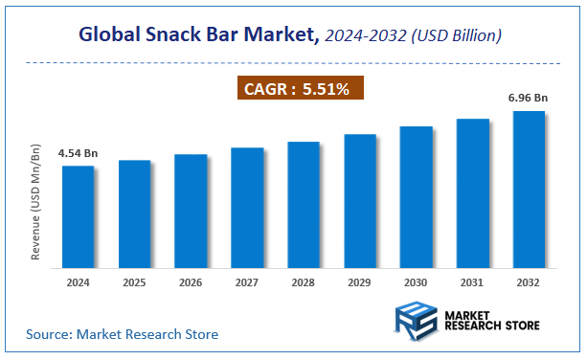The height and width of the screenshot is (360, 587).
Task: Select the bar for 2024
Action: coord(79,215)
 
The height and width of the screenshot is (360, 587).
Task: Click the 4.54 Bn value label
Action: coord(79,153)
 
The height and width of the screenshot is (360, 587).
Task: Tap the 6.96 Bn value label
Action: coord(529,99)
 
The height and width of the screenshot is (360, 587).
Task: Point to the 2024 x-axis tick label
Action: coord(79,282)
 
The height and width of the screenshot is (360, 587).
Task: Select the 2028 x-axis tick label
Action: coord(304,282)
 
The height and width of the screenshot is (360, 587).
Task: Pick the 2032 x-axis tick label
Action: coord(529,282)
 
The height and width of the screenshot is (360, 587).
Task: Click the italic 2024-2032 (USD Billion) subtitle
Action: coord(413,35)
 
